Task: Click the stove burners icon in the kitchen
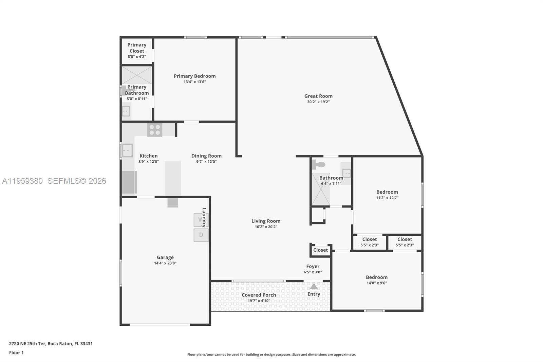pyautogui.click(x=154, y=130)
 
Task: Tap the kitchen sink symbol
pyautogui.click(x=127, y=150)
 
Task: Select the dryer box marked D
pyautogui.click(x=201, y=235)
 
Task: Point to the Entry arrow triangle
pyautogui.click(x=314, y=286)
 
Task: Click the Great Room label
pyautogui.click(x=318, y=96)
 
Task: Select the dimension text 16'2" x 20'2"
pyautogui.click(x=266, y=227)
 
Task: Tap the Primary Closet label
pyautogui.click(x=137, y=48)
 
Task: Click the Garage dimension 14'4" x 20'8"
pyautogui.click(x=165, y=263)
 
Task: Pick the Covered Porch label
pyautogui.click(x=259, y=295)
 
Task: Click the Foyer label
pyautogui.click(x=313, y=267)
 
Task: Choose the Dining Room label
pyautogui.click(x=206, y=156)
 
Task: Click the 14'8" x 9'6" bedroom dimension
pyautogui.click(x=376, y=283)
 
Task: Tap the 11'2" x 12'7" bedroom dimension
pyautogui.click(x=387, y=198)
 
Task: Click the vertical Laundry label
pyautogui.click(x=204, y=217)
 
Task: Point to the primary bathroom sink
pyautogui.click(x=126, y=111)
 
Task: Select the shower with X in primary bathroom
pyautogui.click(x=137, y=75)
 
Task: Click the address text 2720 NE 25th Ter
pyautogui.click(x=51, y=344)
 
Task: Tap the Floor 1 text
pyautogui.click(x=16, y=353)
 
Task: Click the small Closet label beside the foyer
pyautogui.click(x=320, y=250)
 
